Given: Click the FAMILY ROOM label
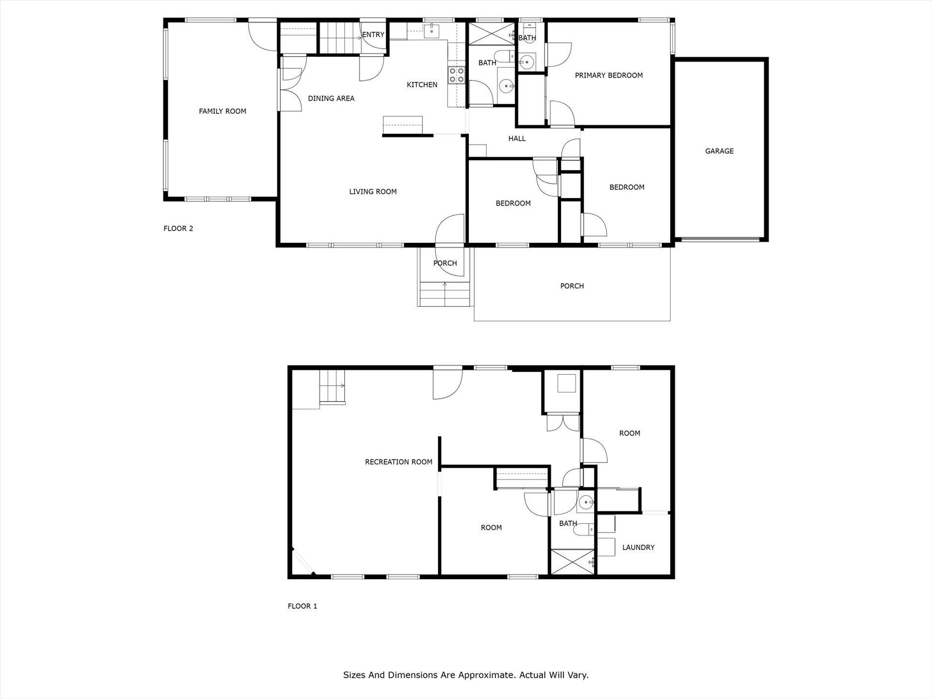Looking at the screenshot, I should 222,111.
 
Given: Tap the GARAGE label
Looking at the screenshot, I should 719,151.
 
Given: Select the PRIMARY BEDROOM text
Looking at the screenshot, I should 608,76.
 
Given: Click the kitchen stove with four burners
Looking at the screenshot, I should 456,75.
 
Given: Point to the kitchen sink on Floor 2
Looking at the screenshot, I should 432,31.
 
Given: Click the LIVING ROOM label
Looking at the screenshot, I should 373,192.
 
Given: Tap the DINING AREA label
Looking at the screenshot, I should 331,99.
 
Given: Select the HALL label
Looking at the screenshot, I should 517,139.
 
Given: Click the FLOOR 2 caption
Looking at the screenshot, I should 178,229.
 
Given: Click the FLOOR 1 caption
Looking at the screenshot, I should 302,606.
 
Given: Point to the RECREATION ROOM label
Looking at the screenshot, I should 398,462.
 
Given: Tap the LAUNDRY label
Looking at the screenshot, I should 638,547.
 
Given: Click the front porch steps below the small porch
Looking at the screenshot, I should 445,294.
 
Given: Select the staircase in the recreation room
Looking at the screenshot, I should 332,387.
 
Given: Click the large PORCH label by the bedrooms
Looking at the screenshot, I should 572,286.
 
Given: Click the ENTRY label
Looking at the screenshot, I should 373,35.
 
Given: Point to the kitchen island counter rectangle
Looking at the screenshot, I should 402,125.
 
